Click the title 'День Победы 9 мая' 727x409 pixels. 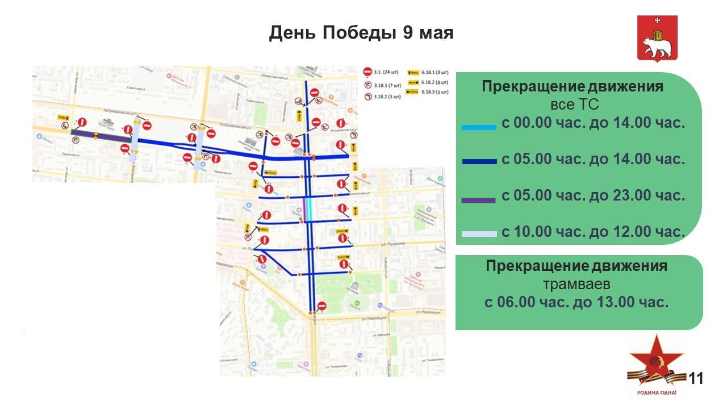point(361,32)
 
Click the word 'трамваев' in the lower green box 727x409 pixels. point(576,284)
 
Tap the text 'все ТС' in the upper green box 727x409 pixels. point(574,105)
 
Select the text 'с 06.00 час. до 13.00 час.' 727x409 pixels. point(576,302)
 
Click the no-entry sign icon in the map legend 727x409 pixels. point(367,72)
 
